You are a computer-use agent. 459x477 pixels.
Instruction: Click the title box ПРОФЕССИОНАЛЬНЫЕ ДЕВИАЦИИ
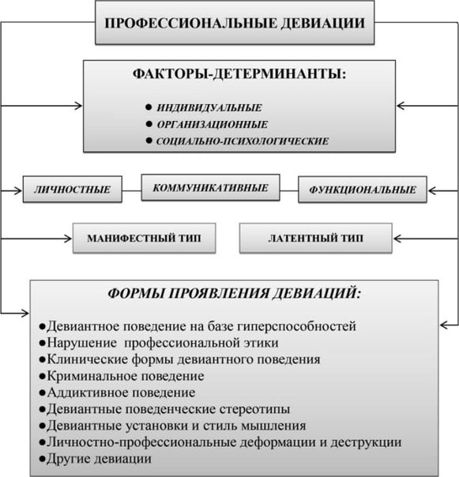(x=235, y=23)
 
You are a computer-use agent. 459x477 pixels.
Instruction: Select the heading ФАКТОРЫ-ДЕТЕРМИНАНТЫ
(x=239, y=74)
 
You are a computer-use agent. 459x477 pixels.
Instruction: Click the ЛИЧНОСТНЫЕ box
(x=73, y=190)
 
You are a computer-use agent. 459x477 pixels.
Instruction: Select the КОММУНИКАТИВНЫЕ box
(x=210, y=187)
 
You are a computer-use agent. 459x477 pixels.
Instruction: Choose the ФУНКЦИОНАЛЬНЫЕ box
(x=363, y=190)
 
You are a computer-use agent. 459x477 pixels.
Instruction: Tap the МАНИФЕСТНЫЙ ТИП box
(x=145, y=238)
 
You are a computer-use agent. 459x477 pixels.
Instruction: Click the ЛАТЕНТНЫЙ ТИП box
(x=316, y=238)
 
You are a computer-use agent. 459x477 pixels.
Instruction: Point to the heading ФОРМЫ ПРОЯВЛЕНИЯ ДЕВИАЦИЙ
(x=235, y=294)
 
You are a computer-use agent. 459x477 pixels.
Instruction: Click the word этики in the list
(x=261, y=343)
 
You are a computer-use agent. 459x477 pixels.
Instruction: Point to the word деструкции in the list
(x=366, y=442)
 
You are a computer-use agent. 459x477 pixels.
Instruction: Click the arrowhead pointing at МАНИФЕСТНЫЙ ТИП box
(x=68, y=238)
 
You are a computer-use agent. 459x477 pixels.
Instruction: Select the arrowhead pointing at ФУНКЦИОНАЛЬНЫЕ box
(x=432, y=191)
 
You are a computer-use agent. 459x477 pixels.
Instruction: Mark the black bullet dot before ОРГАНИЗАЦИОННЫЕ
(x=149, y=124)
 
